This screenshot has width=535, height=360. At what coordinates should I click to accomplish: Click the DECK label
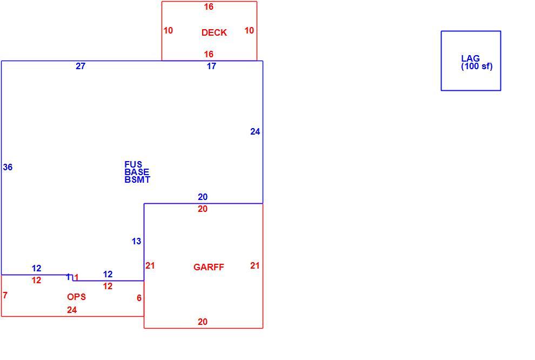click(x=214, y=32)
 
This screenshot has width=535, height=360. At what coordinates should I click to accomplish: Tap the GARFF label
click(x=209, y=267)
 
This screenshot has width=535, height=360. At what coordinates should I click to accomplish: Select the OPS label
click(x=76, y=297)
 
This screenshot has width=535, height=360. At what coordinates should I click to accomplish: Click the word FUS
click(x=133, y=164)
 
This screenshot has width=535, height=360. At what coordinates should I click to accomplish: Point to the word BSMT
click(x=137, y=180)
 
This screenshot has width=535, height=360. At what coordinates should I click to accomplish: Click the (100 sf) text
click(x=477, y=66)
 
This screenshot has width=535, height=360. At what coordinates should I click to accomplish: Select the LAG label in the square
click(x=470, y=58)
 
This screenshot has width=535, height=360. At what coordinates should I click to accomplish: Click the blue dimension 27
click(x=81, y=66)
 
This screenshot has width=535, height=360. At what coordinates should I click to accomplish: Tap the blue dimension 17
click(x=211, y=66)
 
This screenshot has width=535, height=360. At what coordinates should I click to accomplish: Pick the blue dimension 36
click(x=8, y=167)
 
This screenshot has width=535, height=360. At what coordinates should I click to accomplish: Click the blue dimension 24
click(x=255, y=132)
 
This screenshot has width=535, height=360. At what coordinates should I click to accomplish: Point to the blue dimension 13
click(x=137, y=241)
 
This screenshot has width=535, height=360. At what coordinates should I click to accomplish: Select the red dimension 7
click(x=5, y=295)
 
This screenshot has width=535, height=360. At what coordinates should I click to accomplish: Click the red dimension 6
click(x=139, y=298)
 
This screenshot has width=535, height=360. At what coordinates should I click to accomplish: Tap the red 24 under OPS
click(x=72, y=310)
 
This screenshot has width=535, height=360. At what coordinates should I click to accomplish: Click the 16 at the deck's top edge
click(x=209, y=7)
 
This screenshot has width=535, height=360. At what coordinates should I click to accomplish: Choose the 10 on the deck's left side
click(x=168, y=31)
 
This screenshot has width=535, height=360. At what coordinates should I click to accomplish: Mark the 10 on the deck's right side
click(x=249, y=31)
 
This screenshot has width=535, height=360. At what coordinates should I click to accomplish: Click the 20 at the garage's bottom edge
click(x=203, y=322)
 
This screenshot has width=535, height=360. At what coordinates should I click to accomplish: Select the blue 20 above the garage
click(x=203, y=197)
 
